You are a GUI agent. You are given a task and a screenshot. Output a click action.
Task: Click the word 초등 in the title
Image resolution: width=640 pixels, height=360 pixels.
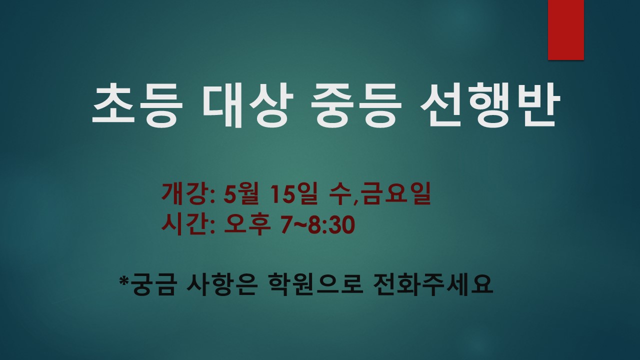[x=137, y=104]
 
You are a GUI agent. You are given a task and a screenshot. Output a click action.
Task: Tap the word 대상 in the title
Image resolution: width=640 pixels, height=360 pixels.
[x=248, y=104]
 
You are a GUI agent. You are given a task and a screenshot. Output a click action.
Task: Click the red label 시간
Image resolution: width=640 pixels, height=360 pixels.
[x=185, y=224]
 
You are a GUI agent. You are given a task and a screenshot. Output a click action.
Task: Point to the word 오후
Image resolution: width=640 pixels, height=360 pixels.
[x=247, y=224]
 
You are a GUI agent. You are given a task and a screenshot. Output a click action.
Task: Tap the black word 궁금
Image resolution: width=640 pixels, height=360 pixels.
[x=153, y=284]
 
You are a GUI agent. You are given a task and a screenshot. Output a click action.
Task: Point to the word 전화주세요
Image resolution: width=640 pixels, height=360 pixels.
[x=433, y=284]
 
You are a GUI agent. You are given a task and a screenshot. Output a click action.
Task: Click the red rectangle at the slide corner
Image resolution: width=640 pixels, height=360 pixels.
[x=565, y=30]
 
